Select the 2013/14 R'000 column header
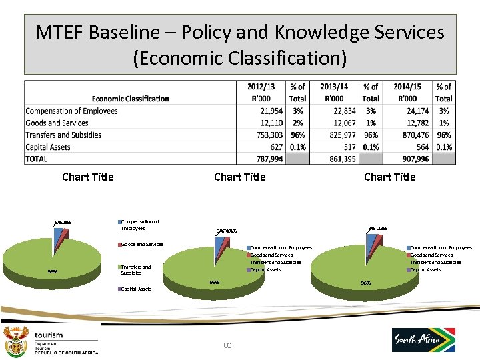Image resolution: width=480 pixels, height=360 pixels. pyautogui.click(x=334, y=93)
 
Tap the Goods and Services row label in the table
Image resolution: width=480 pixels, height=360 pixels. pyautogui.click(x=57, y=123)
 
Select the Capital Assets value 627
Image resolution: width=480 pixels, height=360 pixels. pyautogui.click(x=273, y=147)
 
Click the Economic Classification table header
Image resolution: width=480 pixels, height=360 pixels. pyautogui.click(x=130, y=99)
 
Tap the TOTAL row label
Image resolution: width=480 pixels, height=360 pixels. pyautogui.click(x=37, y=159)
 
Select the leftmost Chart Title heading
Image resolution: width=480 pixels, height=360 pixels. pyautogui.click(x=87, y=177)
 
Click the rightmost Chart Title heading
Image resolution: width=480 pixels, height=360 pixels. pyautogui.click(x=389, y=177)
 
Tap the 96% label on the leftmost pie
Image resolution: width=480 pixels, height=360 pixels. pyautogui.click(x=52, y=271)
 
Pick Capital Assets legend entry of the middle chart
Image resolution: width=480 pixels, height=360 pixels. pyautogui.click(x=266, y=270)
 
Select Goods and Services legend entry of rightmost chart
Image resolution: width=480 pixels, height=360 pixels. pyautogui.click(x=431, y=255)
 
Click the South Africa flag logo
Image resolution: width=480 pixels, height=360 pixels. pyautogui.click(x=423, y=340)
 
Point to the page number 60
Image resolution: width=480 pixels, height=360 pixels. pyautogui.click(x=227, y=345)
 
